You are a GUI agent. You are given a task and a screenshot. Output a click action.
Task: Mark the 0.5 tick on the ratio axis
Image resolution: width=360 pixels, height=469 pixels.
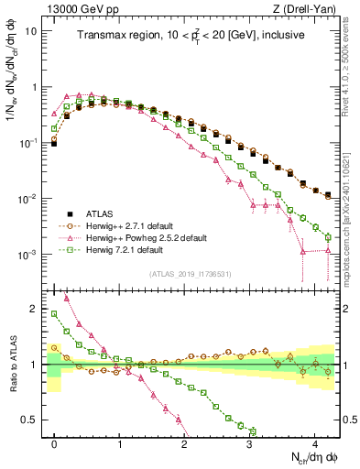coord(33,420)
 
